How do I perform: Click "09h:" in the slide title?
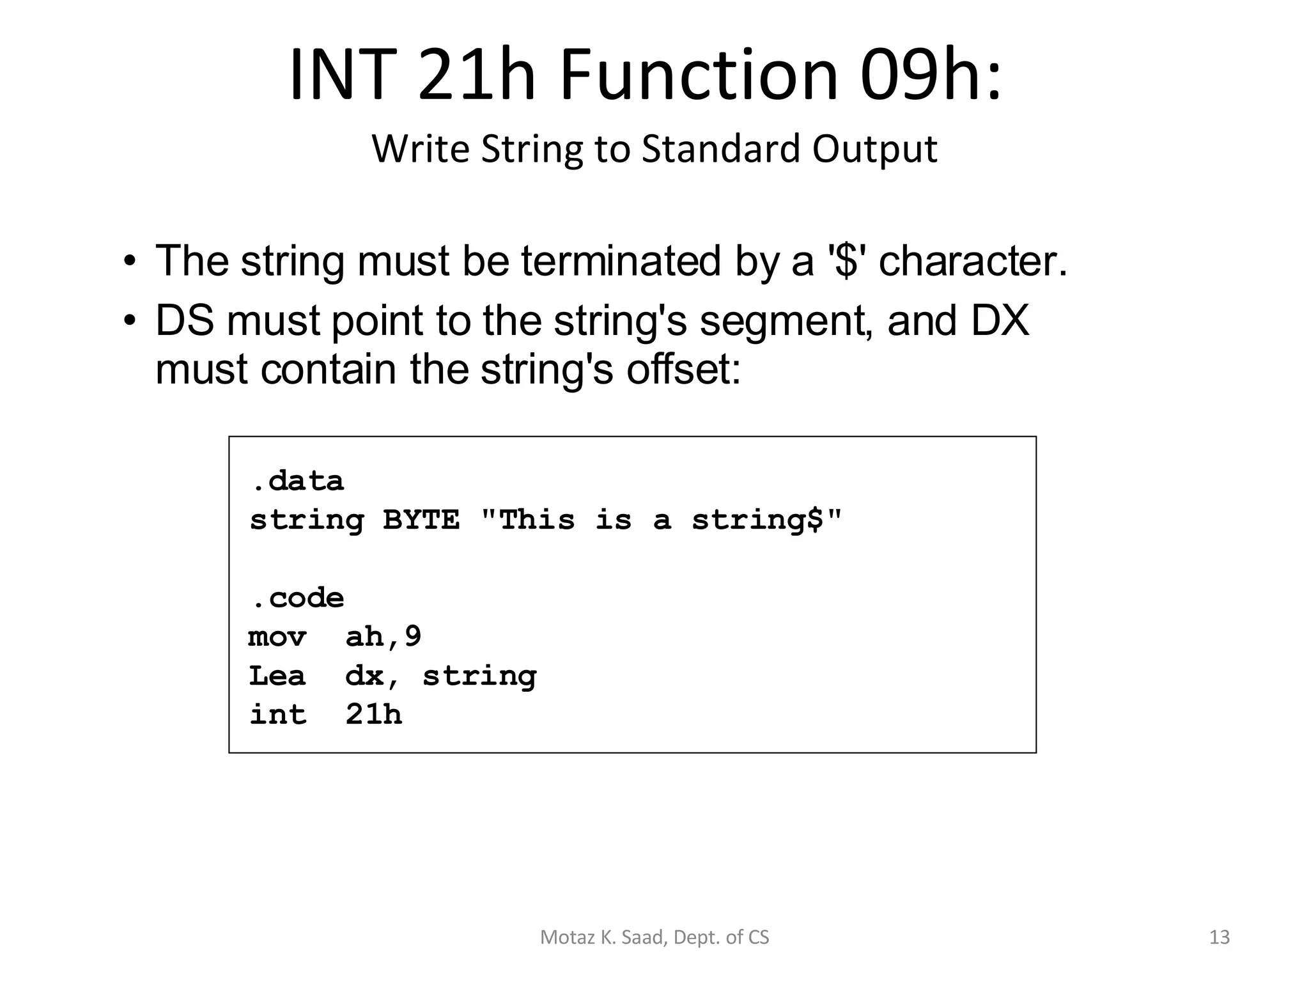click(x=931, y=75)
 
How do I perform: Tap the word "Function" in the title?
click(x=699, y=75)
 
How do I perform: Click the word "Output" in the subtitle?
click(x=874, y=149)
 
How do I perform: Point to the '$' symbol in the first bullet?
click(x=846, y=261)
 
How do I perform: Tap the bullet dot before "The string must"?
click(x=130, y=261)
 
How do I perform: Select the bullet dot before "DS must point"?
click(x=130, y=320)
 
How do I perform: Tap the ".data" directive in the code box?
click(x=297, y=481)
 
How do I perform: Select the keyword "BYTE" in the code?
click(x=421, y=520)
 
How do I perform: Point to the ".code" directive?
click(x=297, y=598)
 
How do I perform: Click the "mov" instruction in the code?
click(x=277, y=637)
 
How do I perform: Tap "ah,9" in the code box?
click(x=383, y=637)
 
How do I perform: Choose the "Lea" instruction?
click(x=277, y=676)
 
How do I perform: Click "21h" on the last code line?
click(x=374, y=715)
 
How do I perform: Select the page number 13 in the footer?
click(x=1220, y=937)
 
